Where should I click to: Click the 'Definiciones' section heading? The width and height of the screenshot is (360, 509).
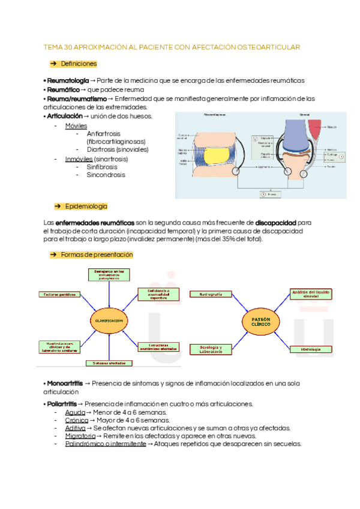pyautogui.click(x=79, y=64)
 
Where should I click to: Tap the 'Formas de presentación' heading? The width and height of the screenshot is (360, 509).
pyautogui.click(x=97, y=254)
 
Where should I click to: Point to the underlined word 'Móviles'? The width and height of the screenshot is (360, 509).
pyautogui.click(x=76, y=126)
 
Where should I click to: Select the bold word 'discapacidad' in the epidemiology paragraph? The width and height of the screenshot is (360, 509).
pyautogui.click(x=275, y=223)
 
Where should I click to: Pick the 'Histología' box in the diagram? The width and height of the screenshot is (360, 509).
pyautogui.click(x=310, y=349)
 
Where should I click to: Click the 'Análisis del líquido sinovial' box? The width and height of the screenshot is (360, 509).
pyautogui.click(x=310, y=294)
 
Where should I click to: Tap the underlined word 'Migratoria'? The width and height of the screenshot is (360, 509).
pyautogui.click(x=80, y=436)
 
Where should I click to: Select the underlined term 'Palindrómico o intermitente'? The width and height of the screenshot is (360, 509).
pyautogui.click(x=105, y=444)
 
